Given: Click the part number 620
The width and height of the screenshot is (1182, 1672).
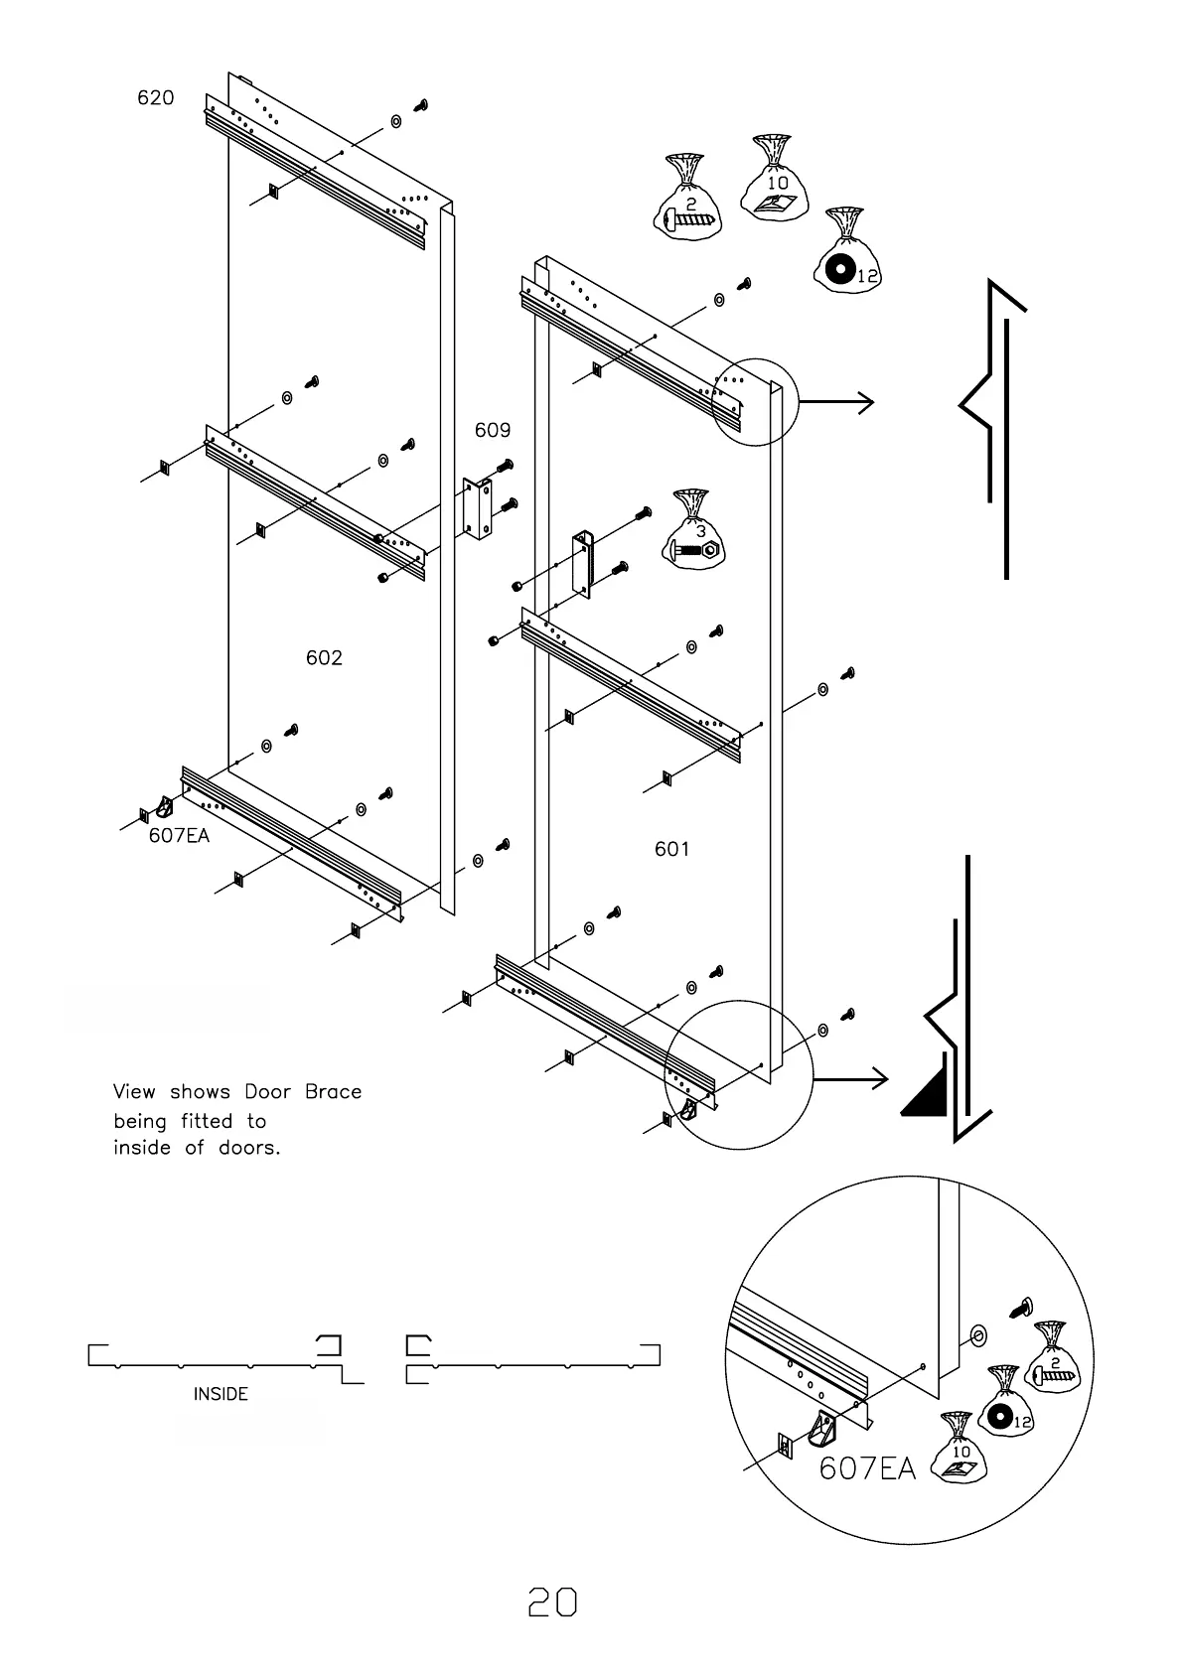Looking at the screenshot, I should (x=155, y=97).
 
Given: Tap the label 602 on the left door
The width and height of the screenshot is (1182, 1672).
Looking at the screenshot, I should (x=324, y=657).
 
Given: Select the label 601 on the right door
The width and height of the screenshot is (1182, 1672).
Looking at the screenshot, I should (x=671, y=849).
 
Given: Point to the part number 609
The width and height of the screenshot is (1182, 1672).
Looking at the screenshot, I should (x=493, y=430).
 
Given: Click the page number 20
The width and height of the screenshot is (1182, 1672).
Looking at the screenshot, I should (x=552, y=1602).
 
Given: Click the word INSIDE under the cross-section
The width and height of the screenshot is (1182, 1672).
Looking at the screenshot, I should (x=221, y=1394).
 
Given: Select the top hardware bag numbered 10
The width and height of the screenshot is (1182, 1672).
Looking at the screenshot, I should (x=775, y=181).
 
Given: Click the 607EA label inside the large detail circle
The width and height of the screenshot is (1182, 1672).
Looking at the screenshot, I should (x=866, y=1468).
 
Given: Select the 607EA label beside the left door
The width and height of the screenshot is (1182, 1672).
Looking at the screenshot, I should (x=180, y=835).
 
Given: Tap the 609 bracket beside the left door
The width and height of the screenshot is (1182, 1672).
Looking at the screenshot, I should (x=478, y=508).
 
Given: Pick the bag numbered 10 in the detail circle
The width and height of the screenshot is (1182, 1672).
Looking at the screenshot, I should (x=961, y=1451).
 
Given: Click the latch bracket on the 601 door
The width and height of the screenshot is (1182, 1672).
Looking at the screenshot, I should (x=581, y=562).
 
